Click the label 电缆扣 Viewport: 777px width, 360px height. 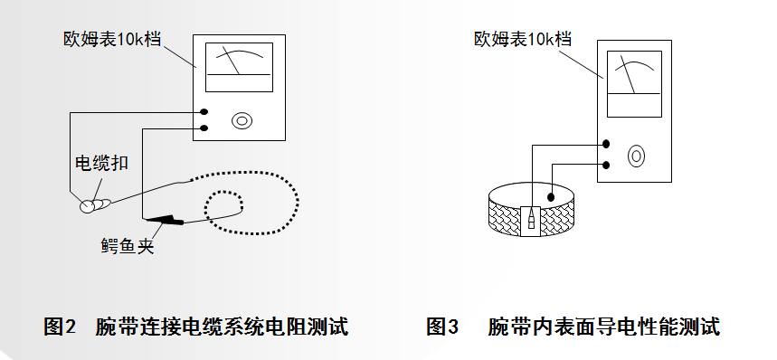[x=101, y=163]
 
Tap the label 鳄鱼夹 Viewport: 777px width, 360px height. [x=128, y=246]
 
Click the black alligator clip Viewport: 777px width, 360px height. [x=163, y=219]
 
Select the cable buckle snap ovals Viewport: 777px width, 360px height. [x=95, y=204]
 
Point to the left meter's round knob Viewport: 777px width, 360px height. [x=242, y=120]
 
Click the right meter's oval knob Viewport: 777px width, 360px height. [x=636, y=156]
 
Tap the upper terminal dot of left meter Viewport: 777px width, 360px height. [x=204, y=112]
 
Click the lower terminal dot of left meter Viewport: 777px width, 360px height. [x=204, y=128]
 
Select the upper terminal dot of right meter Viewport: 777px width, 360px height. [x=605, y=144]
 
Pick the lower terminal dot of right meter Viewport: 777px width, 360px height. [x=605, y=165]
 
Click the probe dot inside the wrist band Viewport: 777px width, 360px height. [x=551, y=197]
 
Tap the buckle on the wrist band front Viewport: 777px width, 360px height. [x=531, y=221]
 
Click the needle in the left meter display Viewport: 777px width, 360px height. [x=232, y=61]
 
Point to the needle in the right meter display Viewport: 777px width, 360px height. [x=629, y=74]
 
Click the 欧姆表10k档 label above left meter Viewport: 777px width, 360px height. [x=112, y=39]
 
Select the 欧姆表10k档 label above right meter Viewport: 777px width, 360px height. [x=523, y=39]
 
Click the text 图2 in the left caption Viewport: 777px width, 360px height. [x=60, y=327]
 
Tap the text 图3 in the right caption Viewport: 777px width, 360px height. [x=442, y=327]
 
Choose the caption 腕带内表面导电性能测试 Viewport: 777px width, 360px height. [x=603, y=327]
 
